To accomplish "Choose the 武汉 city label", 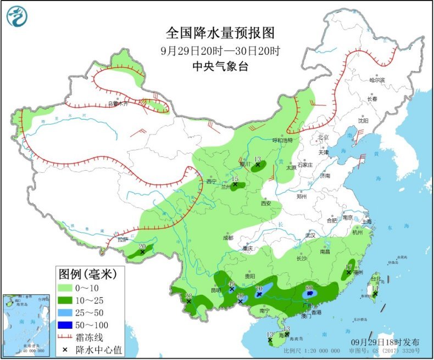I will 311,235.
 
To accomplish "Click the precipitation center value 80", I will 309,287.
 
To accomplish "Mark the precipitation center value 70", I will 259,289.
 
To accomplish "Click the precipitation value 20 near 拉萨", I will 142,246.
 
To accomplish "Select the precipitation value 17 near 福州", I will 348,267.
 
